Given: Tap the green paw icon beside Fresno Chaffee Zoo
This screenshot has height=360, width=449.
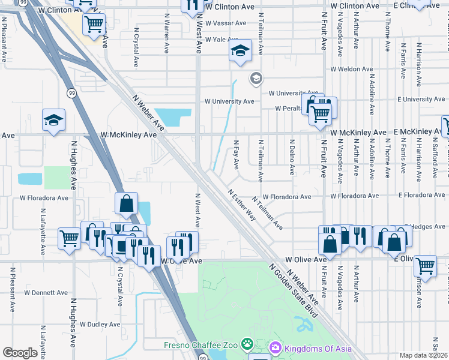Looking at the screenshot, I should tap(247, 344).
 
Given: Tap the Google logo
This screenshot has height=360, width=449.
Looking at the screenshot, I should tap(20, 353).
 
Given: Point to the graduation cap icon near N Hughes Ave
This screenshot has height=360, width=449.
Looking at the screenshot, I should tap(53, 120).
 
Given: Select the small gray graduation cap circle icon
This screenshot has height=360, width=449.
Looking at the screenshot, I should tap(256, 79).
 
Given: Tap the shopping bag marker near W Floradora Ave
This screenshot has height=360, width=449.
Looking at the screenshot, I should tap(127, 204).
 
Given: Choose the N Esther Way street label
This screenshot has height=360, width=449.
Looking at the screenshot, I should tap(242, 206).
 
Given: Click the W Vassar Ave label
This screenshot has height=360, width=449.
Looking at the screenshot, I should tap(226, 23).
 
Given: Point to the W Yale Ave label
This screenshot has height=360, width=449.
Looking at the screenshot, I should tap(221, 40).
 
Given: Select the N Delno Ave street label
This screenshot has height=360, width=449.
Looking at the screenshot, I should tap(292, 158).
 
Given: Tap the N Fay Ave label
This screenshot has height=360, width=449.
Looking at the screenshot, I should tap(236, 154).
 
